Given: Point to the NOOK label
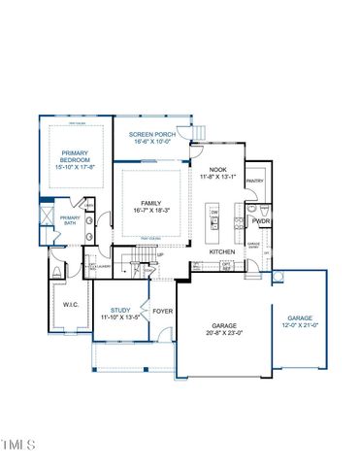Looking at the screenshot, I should click(x=218, y=171).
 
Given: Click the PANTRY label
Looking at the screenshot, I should click(x=255, y=181).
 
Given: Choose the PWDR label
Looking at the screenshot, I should click(x=261, y=219).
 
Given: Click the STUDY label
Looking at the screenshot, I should click(x=120, y=310).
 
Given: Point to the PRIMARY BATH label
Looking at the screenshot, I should click(x=70, y=220).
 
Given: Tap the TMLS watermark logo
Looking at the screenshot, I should click(x=17, y=446).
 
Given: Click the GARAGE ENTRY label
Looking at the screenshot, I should click(x=253, y=245).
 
